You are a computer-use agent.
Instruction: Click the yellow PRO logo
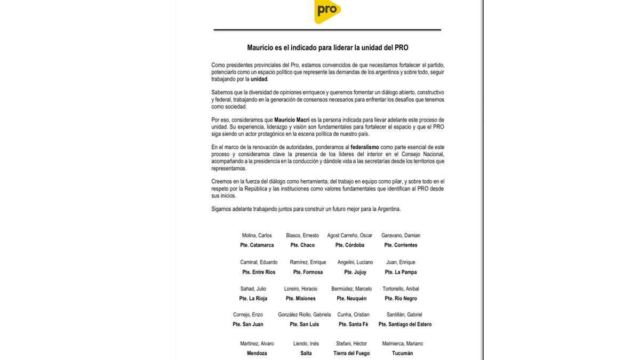(x=327, y=11)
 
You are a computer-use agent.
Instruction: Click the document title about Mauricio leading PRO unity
(x=327, y=47)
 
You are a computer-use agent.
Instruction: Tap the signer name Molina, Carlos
(x=257, y=236)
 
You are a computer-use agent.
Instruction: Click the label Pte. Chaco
(x=302, y=245)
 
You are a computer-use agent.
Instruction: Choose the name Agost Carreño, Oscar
(x=350, y=236)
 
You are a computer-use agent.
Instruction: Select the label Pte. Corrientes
(x=401, y=245)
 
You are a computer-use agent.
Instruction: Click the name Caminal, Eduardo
(x=259, y=262)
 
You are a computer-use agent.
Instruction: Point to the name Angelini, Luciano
(x=355, y=262)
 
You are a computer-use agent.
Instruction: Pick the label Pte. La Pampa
(x=401, y=272)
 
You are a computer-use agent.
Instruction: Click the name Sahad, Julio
(x=253, y=289)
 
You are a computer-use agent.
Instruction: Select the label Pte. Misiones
(x=300, y=299)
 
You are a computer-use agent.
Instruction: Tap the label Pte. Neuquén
(x=351, y=299)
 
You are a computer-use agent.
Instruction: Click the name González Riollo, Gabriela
(x=305, y=315)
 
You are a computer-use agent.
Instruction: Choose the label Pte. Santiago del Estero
(x=405, y=324)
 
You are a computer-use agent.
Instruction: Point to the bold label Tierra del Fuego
(x=351, y=353)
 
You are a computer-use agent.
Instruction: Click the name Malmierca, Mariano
(x=403, y=343)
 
